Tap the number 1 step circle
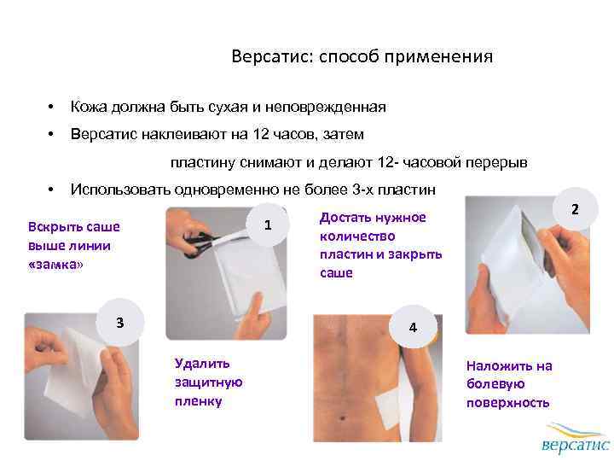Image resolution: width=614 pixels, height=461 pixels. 268,225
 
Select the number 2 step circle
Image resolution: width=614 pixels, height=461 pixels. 575,209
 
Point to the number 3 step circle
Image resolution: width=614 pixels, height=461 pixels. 120,322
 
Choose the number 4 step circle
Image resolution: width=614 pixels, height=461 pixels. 413,327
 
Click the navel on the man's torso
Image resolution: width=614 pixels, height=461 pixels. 343,418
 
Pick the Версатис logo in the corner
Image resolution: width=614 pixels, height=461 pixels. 575,437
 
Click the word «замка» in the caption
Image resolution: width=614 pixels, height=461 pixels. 55,265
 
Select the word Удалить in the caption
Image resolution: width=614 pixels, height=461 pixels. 202,364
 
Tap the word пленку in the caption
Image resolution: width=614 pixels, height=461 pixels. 199,401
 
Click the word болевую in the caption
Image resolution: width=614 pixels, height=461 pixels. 495,384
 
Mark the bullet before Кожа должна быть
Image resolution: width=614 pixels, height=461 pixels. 50,107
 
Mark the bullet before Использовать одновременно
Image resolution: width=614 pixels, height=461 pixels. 50,190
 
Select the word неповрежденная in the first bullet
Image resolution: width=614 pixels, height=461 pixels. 326,107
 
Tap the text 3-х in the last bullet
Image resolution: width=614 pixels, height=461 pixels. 362,190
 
